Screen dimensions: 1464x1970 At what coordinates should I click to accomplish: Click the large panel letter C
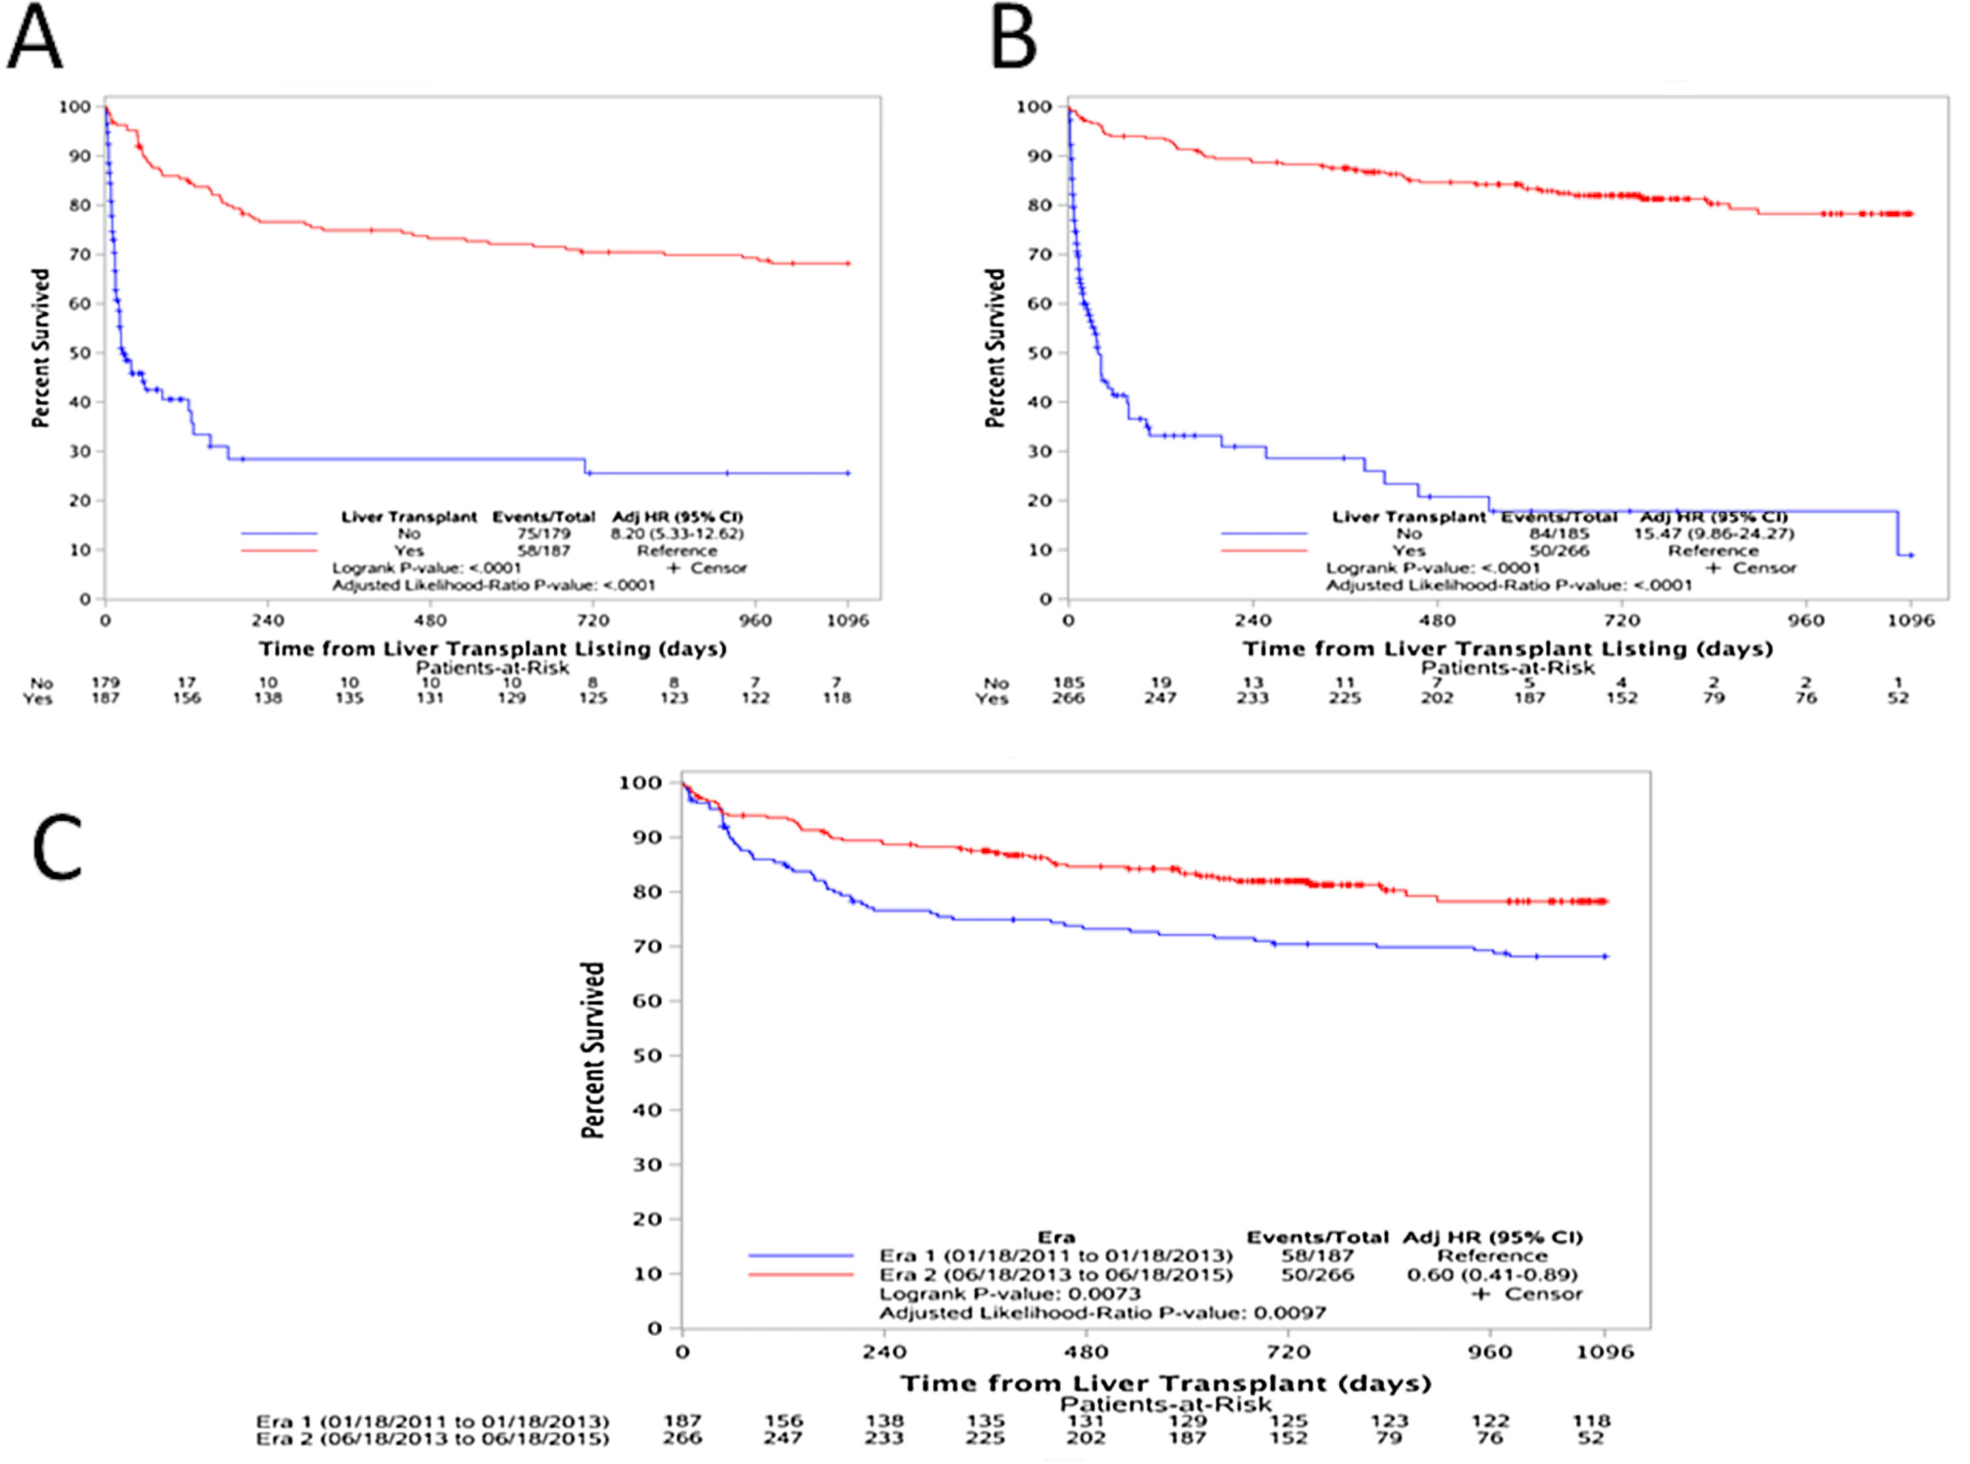[x=57, y=849]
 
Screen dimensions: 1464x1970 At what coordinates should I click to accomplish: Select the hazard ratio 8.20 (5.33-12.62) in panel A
[x=677, y=534]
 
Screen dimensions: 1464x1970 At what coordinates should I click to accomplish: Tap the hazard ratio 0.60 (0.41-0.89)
[x=1492, y=1274]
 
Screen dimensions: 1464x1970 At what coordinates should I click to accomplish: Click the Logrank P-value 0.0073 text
[x=1010, y=1294]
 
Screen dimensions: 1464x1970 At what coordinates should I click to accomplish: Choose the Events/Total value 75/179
[x=544, y=534]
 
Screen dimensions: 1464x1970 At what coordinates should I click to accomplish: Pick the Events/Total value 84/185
[x=1558, y=534]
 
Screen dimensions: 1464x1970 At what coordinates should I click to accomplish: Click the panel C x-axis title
[x=1166, y=1384]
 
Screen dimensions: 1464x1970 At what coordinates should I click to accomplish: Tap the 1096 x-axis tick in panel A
[x=848, y=620]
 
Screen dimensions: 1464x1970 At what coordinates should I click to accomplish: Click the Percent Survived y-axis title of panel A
[x=41, y=349]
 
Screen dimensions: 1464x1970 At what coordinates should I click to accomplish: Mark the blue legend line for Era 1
[x=801, y=1256]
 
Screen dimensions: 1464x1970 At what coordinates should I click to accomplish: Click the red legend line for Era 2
[x=801, y=1274]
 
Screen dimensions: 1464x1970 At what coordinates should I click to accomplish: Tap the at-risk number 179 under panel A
[x=105, y=682]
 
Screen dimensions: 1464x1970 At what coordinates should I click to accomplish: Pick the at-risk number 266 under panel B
[x=1068, y=699]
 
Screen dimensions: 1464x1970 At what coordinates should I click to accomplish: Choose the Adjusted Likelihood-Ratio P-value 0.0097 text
[x=1102, y=1313]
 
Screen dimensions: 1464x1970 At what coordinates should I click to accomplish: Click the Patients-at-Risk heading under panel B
[x=1507, y=668]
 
